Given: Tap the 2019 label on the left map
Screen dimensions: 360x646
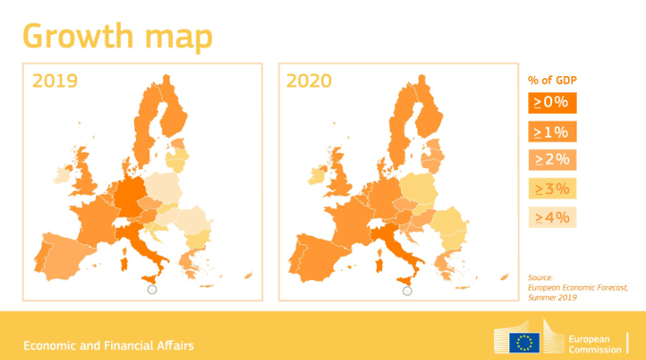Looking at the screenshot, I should (54, 81).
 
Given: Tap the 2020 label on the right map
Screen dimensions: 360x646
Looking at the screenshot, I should (309, 81).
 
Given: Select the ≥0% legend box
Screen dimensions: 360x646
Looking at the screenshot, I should (551, 102).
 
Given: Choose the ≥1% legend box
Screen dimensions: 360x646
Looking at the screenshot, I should (551, 131).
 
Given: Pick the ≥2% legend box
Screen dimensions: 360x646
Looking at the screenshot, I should (551, 160).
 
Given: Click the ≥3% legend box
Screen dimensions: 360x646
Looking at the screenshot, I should (551, 188).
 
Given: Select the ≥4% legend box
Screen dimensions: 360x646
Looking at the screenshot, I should (551, 218).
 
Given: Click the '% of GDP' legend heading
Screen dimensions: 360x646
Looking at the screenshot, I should (553, 79).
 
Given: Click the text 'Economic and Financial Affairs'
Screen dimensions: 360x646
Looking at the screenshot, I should (109, 345).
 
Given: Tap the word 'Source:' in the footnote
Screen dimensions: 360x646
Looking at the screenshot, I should (540, 276).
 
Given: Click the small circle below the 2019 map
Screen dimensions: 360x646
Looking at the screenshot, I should (153, 291).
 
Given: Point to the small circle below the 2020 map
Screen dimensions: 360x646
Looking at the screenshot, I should (408, 291).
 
